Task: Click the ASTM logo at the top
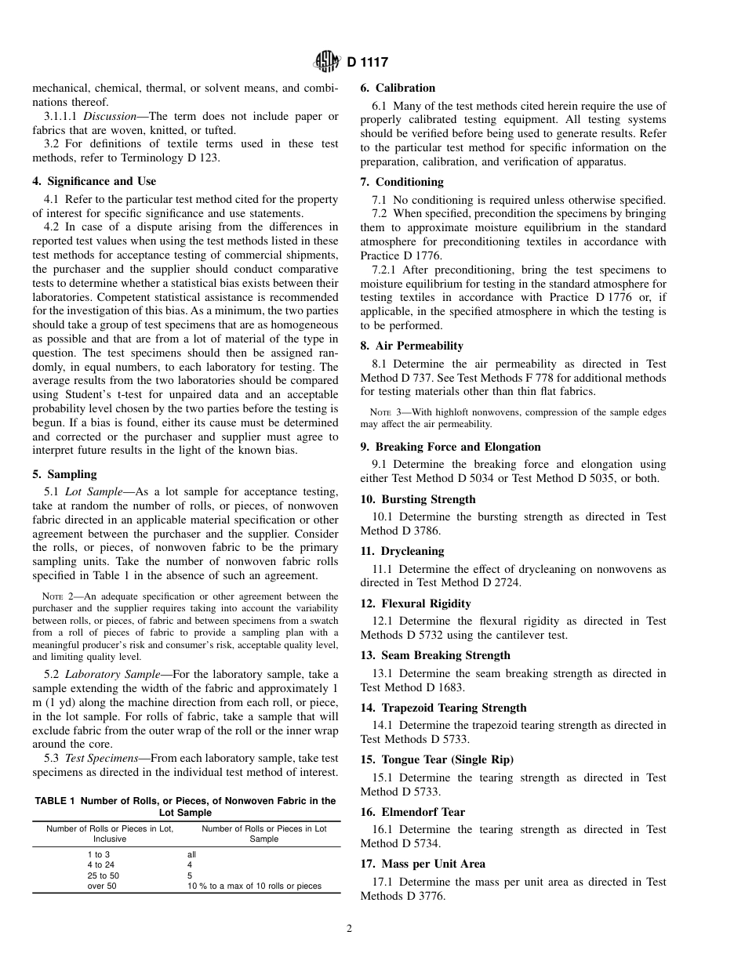click(x=325, y=61)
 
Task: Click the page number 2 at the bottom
click(x=350, y=929)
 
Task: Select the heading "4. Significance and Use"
click(x=94, y=182)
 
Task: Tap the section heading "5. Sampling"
click(x=64, y=474)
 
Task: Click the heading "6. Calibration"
click(x=398, y=88)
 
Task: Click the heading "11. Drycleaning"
click(x=402, y=551)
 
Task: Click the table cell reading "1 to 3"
click(x=99, y=855)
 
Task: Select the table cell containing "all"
click(x=191, y=855)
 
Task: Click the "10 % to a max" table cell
click(x=254, y=886)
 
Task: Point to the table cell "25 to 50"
click(x=104, y=875)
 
